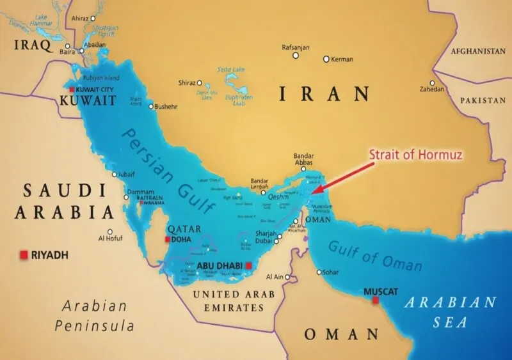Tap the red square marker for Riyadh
click(24, 254)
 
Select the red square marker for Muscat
click(376, 300)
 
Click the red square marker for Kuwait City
click(72, 90)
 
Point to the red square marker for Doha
click(168, 239)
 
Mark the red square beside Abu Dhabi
click(249, 267)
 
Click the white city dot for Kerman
click(326, 59)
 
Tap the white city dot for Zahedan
click(433, 83)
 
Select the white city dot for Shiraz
click(200, 83)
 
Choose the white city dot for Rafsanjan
click(296, 56)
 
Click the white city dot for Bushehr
click(151, 106)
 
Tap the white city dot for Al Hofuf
click(110, 232)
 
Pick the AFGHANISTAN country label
click(477, 51)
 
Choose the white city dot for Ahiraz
click(94, 19)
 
